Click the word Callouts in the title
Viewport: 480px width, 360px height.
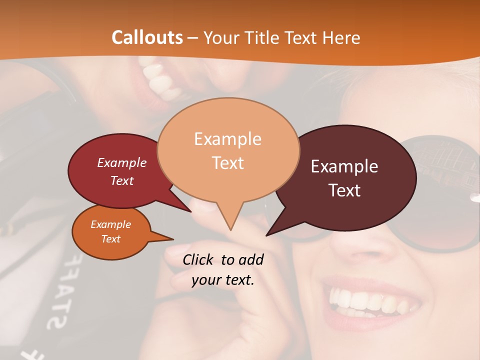point(147,37)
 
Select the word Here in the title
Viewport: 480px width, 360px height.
point(339,37)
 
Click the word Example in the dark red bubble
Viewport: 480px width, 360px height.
point(122,162)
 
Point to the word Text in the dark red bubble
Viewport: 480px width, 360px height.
point(122,180)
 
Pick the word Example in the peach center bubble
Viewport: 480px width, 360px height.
point(227,139)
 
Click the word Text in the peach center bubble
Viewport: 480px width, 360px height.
point(227,163)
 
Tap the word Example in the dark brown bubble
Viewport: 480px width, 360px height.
point(344,166)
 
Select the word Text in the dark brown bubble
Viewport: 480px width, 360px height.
point(344,190)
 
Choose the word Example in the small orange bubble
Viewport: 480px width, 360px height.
point(111,224)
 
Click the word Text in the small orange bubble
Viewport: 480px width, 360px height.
point(111,239)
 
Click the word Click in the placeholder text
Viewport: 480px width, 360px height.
point(198,259)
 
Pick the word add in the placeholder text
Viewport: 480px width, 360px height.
point(251,259)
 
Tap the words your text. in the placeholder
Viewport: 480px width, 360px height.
point(223,280)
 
